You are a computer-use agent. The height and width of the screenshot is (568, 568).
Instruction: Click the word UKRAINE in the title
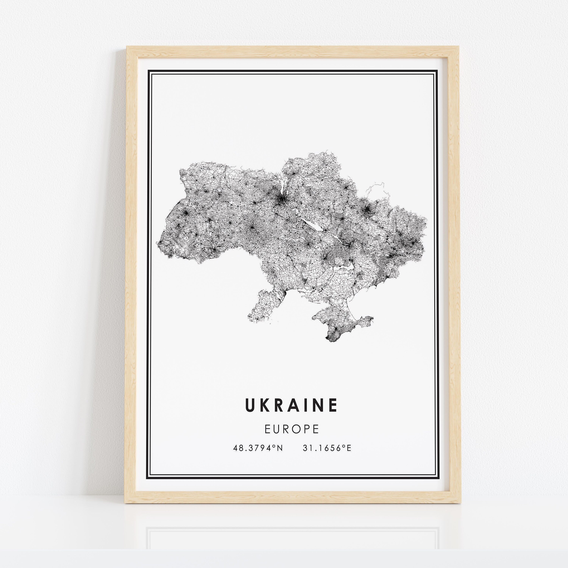[x=291, y=405]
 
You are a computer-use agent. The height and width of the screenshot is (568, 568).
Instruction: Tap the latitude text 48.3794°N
[x=258, y=448]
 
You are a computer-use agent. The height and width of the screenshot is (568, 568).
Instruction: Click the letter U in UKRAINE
[x=250, y=405]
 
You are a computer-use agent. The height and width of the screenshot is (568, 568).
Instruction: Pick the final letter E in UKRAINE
[x=333, y=405]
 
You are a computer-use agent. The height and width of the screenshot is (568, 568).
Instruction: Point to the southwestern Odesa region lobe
[x=262, y=306]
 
